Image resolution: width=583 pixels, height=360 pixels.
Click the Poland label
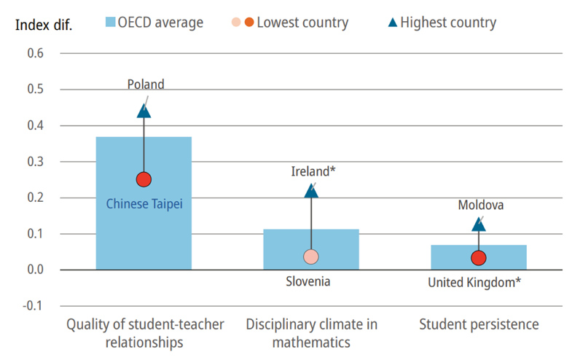pos(146,84)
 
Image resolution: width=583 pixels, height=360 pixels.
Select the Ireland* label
pos(313,172)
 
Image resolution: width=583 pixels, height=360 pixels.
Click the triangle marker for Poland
pos(144,111)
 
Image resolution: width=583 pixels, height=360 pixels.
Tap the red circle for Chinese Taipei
pos(144,179)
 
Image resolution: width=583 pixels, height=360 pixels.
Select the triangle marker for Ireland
pos(311,191)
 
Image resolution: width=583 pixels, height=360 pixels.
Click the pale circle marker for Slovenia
pos(311,257)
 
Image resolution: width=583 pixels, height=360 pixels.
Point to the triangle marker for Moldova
pos(479,224)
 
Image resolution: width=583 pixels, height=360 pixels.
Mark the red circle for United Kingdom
pos(479,257)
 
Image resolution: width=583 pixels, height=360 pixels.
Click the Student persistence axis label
pos(479,324)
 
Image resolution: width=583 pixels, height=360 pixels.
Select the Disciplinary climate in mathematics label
pos(311,332)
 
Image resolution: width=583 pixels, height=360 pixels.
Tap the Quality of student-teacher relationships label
pos(144,332)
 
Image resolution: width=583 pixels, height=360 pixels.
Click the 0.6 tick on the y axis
pos(36,53)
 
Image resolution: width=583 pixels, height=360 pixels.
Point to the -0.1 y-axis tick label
pos(34,305)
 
